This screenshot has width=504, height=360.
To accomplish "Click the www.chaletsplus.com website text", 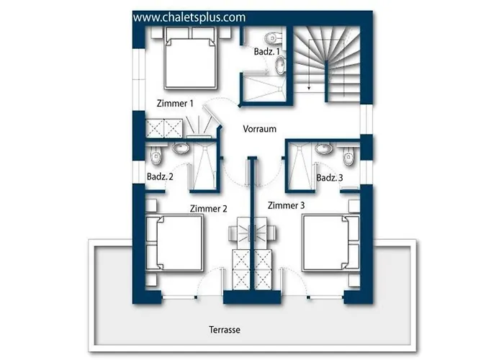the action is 189,17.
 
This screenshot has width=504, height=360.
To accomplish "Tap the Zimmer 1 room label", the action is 175,104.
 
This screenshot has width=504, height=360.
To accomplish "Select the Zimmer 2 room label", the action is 208,209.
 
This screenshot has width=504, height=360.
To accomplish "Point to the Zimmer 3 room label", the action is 286,205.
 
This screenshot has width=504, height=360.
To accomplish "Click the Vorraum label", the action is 260,129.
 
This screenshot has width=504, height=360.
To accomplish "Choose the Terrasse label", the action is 225,330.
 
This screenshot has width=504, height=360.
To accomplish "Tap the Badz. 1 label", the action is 267,51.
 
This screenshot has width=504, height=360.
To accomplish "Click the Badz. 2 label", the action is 160,176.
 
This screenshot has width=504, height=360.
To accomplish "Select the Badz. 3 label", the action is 330,178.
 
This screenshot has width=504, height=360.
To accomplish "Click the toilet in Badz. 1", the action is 273,38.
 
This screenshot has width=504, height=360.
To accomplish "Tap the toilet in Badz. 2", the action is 156,156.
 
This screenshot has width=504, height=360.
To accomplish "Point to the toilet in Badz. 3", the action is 348,156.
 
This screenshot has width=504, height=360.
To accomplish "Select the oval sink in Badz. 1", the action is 280,66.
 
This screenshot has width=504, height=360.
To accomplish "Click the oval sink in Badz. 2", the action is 180,148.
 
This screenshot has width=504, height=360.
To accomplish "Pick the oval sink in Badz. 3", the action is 324,148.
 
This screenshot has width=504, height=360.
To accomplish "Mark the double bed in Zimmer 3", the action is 330,243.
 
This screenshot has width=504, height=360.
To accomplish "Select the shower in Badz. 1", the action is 264,89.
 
